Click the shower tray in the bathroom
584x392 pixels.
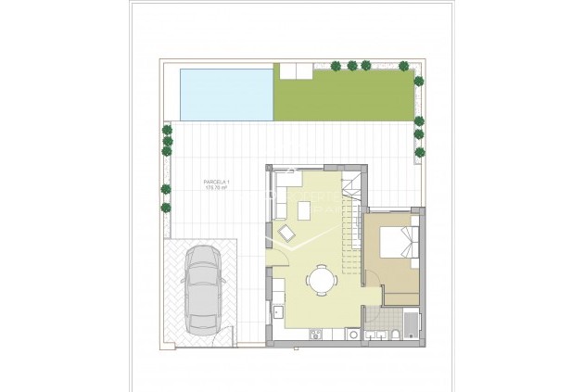[411, 325]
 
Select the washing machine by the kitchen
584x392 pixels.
[353, 335]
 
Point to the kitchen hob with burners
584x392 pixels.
[314, 334]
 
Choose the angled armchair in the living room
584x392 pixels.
[285, 234]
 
